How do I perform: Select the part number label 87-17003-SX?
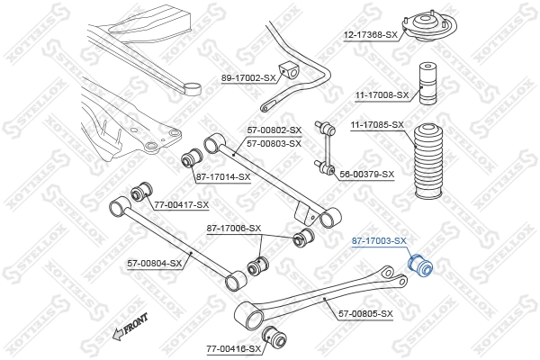(x=378, y=241)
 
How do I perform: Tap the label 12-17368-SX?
(x=373, y=35)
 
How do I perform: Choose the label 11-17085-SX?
(x=377, y=124)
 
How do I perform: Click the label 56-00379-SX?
(x=366, y=174)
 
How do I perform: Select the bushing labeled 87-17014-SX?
(x=190, y=159)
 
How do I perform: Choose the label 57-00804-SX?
(x=154, y=263)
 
